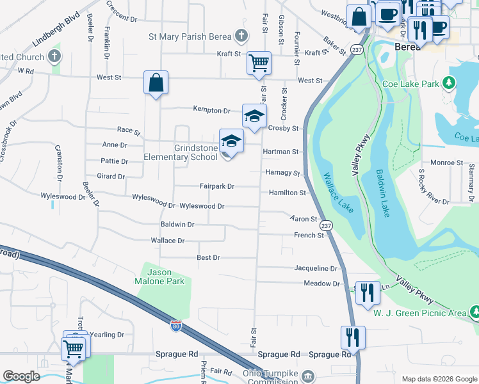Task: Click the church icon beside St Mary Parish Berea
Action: coord(241,36)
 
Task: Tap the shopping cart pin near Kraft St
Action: coord(259,63)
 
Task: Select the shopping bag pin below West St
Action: coord(156,83)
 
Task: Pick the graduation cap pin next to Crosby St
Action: coord(254,116)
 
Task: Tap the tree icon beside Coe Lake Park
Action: coord(450,83)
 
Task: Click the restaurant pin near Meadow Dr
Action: coord(367,293)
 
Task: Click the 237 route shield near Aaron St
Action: coord(326,226)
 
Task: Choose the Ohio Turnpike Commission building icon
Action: coord(308,374)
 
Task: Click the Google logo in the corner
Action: coord(21,376)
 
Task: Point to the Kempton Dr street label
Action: coord(211,110)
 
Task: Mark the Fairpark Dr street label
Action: coord(217,186)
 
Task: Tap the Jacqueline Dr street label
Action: coord(316,268)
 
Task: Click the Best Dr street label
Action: coord(208,257)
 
